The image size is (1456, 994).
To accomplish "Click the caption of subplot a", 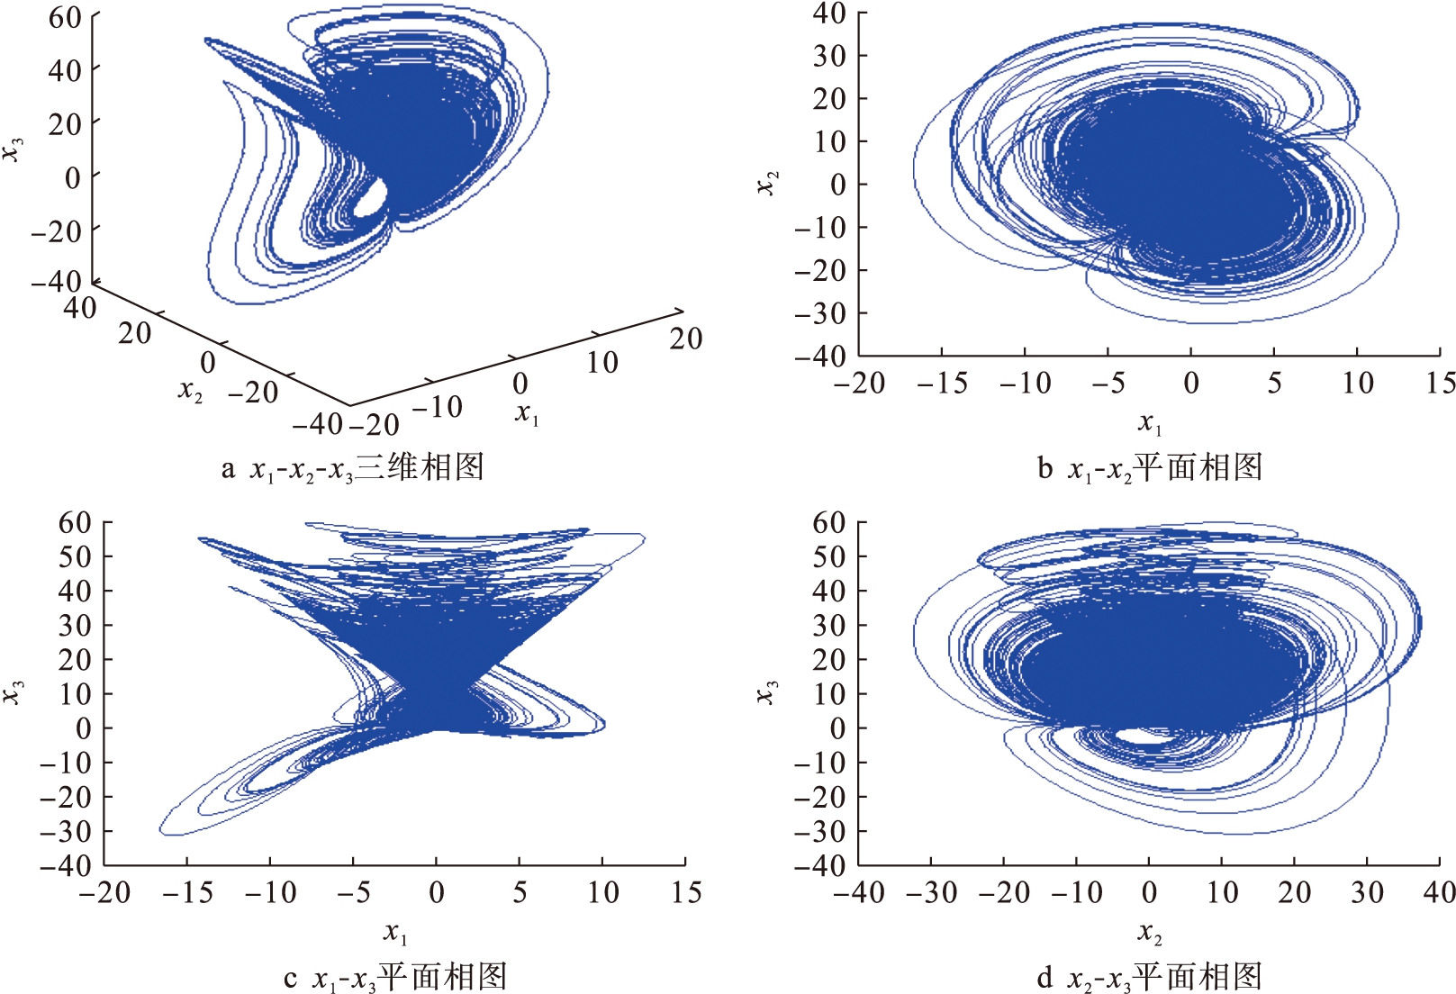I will (353, 468).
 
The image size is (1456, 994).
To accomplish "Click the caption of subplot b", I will (1150, 468).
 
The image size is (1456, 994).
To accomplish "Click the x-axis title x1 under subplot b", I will (1150, 421).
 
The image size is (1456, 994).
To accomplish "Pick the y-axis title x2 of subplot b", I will (768, 183).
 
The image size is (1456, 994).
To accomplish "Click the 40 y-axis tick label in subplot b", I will (828, 14).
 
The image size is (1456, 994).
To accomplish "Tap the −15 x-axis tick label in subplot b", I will (942, 384).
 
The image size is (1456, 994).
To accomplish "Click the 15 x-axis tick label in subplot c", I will (686, 893).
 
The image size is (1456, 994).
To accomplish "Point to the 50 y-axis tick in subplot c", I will (75, 556).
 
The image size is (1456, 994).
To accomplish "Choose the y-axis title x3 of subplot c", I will (14, 692).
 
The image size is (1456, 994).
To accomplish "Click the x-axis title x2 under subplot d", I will (1150, 932).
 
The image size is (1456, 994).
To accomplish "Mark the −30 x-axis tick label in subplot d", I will (931, 893).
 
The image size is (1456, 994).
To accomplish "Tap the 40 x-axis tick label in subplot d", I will (1438, 893).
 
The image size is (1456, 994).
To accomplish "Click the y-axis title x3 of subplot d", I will (768, 692).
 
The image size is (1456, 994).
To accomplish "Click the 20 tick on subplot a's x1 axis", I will (685, 339).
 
